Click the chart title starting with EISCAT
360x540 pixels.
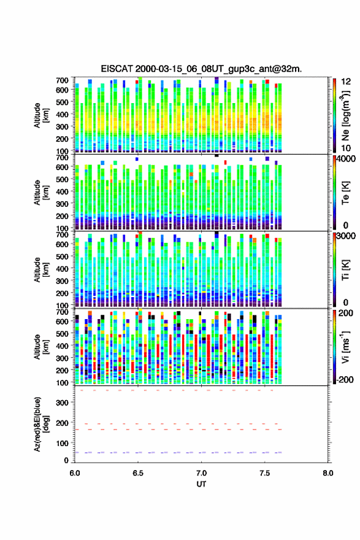tap(201, 69)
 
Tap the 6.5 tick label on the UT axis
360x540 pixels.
tap(138, 473)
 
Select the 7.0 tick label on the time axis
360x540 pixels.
tap(201, 473)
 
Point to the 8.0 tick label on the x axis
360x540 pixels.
tap(328, 473)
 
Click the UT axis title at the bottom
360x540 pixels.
tap(201, 484)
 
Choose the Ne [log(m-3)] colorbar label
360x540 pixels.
tap(346, 115)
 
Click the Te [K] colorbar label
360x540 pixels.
tap(345, 193)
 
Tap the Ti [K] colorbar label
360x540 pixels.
tap(345, 270)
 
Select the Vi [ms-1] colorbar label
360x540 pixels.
tap(345, 347)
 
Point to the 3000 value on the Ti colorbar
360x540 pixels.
tap(346, 236)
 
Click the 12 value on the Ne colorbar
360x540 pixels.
tap(346, 82)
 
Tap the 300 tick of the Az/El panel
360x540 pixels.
tap(63, 403)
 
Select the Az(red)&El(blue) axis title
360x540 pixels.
tap(41, 424)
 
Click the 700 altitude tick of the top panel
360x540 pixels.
tap(63, 80)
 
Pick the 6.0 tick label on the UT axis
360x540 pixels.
tap(75, 473)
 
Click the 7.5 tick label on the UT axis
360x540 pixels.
tap(265, 473)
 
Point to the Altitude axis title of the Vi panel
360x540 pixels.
tap(41, 347)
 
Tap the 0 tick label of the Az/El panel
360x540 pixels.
tap(66, 460)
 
